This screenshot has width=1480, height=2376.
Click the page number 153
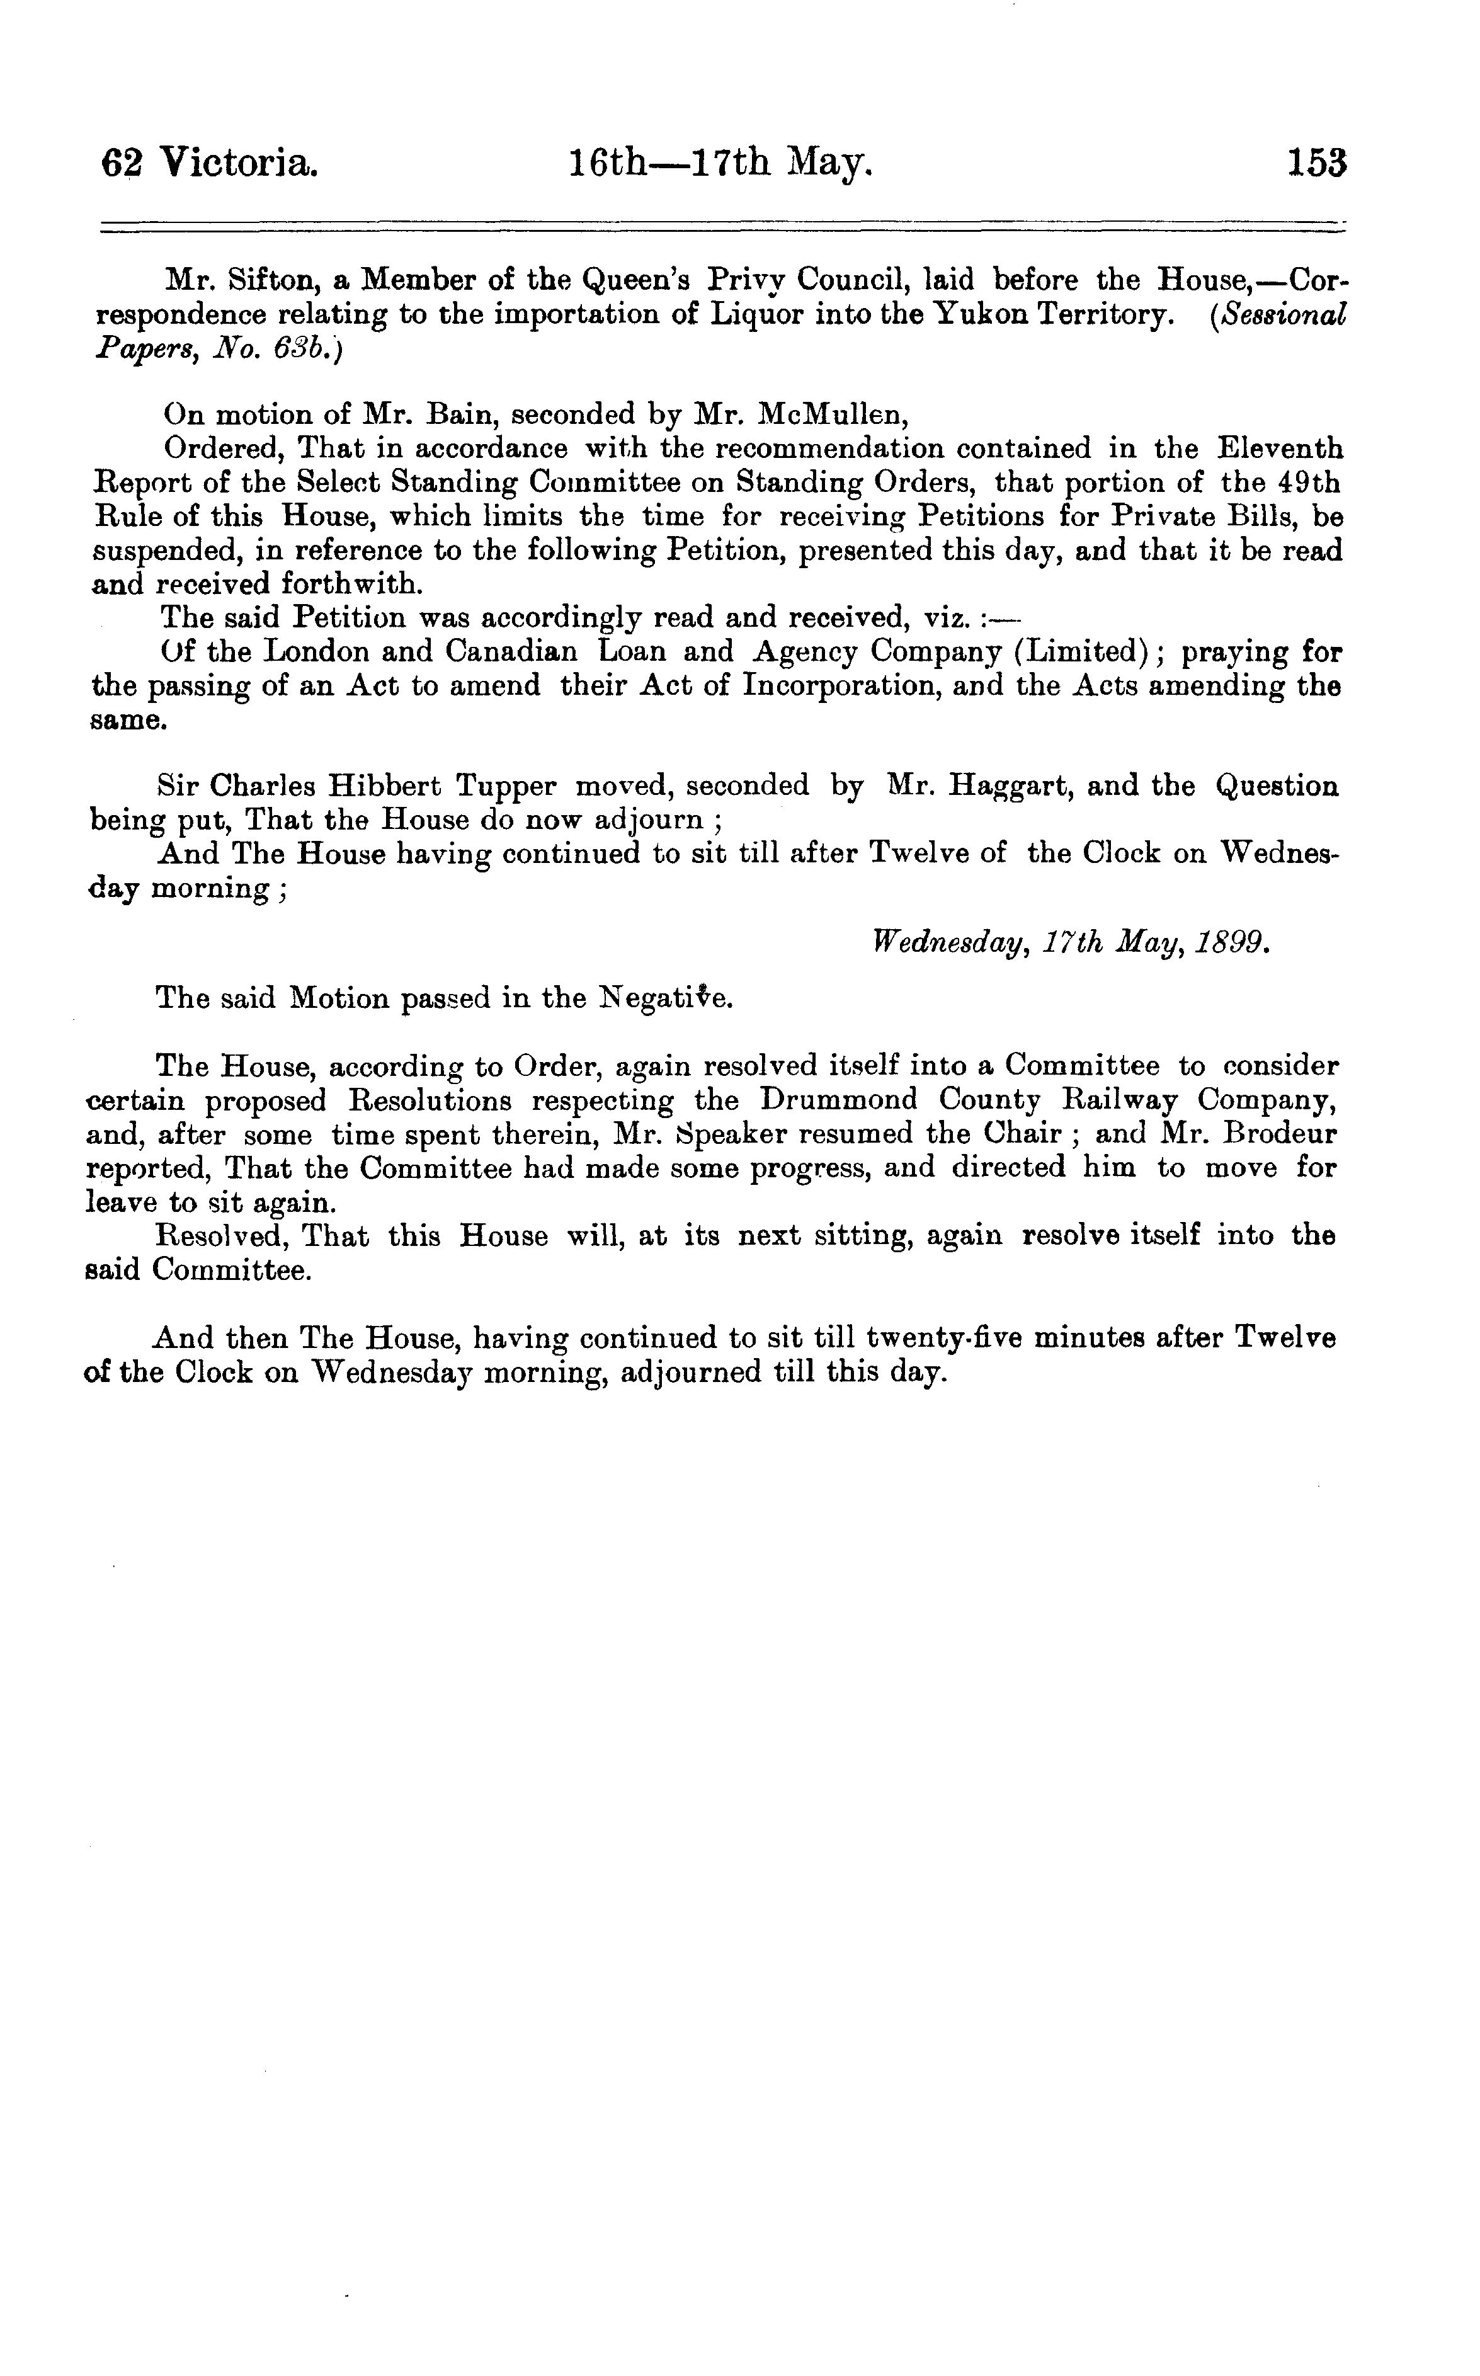click(x=1318, y=161)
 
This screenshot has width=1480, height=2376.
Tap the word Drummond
click(x=839, y=1100)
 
